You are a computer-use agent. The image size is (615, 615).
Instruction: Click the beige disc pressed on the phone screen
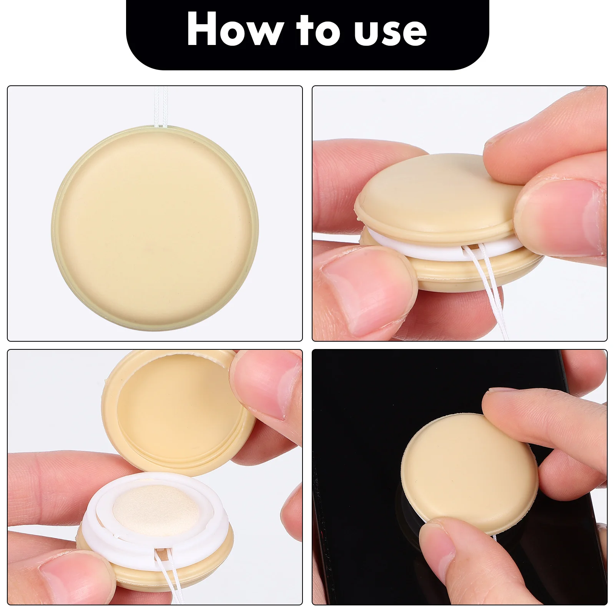(x=469, y=473)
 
